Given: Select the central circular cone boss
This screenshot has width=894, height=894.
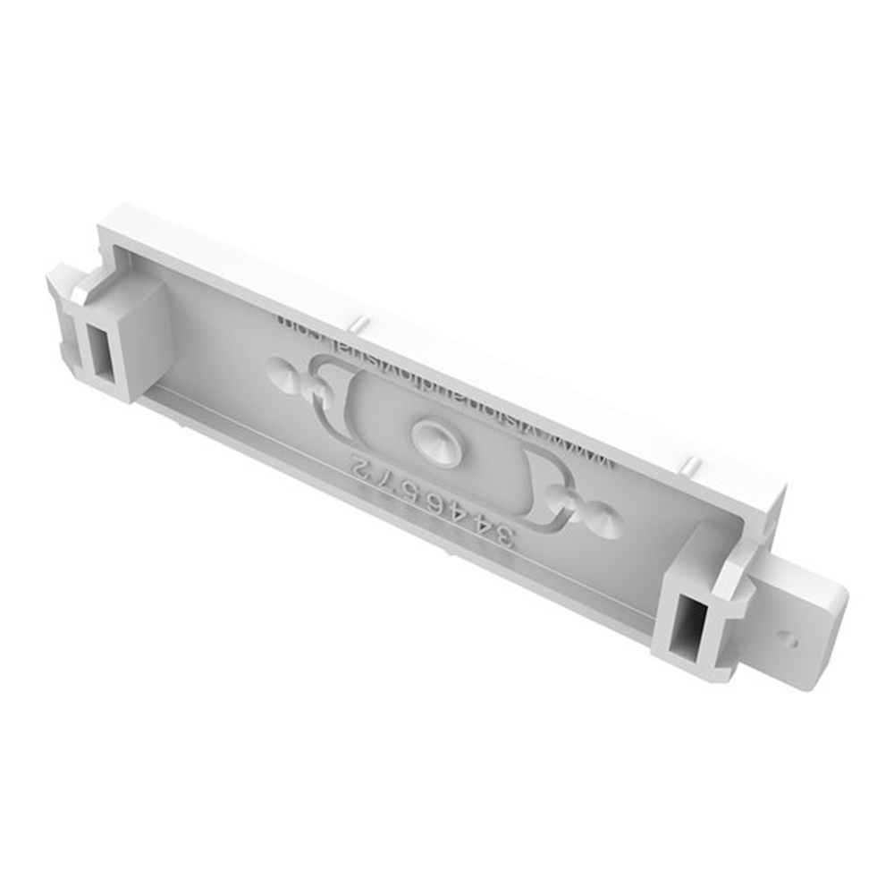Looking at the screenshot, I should point(433,437).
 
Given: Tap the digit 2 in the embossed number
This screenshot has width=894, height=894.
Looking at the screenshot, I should point(358,467).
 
